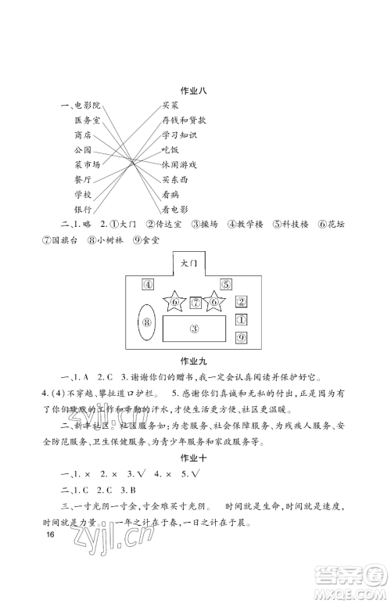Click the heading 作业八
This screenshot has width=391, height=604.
[x=196, y=90]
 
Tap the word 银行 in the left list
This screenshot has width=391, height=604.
[x=84, y=210]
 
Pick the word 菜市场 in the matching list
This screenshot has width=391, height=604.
[x=87, y=165]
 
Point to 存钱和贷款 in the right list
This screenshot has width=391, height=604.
[x=184, y=120]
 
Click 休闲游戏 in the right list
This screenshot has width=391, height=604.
[x=179, y=165]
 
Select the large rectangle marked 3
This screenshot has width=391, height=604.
[x=195, y=329]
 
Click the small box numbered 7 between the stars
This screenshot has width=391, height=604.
[x=195, y=301]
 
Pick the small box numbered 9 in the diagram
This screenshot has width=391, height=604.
[x=242, y=337]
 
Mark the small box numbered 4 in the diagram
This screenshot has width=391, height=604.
[x=147, y=284]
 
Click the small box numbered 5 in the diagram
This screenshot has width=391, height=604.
[x=224, y=284]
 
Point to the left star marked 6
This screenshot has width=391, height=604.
[x=174, y=301]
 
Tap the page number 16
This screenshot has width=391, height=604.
[x=50, y=558]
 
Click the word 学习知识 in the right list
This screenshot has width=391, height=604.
[x=179, y=135]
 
